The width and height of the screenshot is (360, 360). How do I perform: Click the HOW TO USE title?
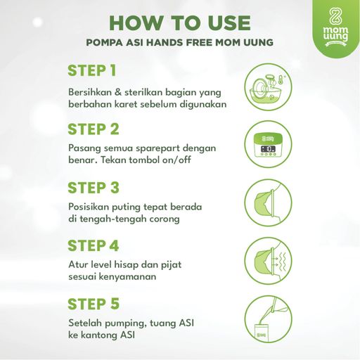tap(180, 23)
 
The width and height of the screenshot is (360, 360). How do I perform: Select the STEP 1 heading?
tap(92, 70)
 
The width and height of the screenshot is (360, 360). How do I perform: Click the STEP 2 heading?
tap(94, 129)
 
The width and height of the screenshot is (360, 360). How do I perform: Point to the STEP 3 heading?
tap(94, 188)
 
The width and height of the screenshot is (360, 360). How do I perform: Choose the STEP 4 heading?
tap(94, 245)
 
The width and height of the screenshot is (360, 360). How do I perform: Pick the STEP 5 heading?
tap(94, 304)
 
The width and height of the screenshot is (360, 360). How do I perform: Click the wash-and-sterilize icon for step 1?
tap(268, 87)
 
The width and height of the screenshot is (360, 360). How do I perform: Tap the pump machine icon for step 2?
tap(268, 144)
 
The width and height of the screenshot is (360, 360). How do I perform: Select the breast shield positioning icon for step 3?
tap(268, 202)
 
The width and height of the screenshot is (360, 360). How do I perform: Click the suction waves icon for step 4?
tap(268, 261)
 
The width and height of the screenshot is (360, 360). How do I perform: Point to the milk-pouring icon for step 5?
tap(268, 319)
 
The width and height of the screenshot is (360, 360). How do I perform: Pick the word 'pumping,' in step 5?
tap(126, 324)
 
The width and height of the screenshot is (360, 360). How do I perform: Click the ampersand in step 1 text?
tap(118, 92)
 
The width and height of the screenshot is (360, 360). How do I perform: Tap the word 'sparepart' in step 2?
tap(158, 149)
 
